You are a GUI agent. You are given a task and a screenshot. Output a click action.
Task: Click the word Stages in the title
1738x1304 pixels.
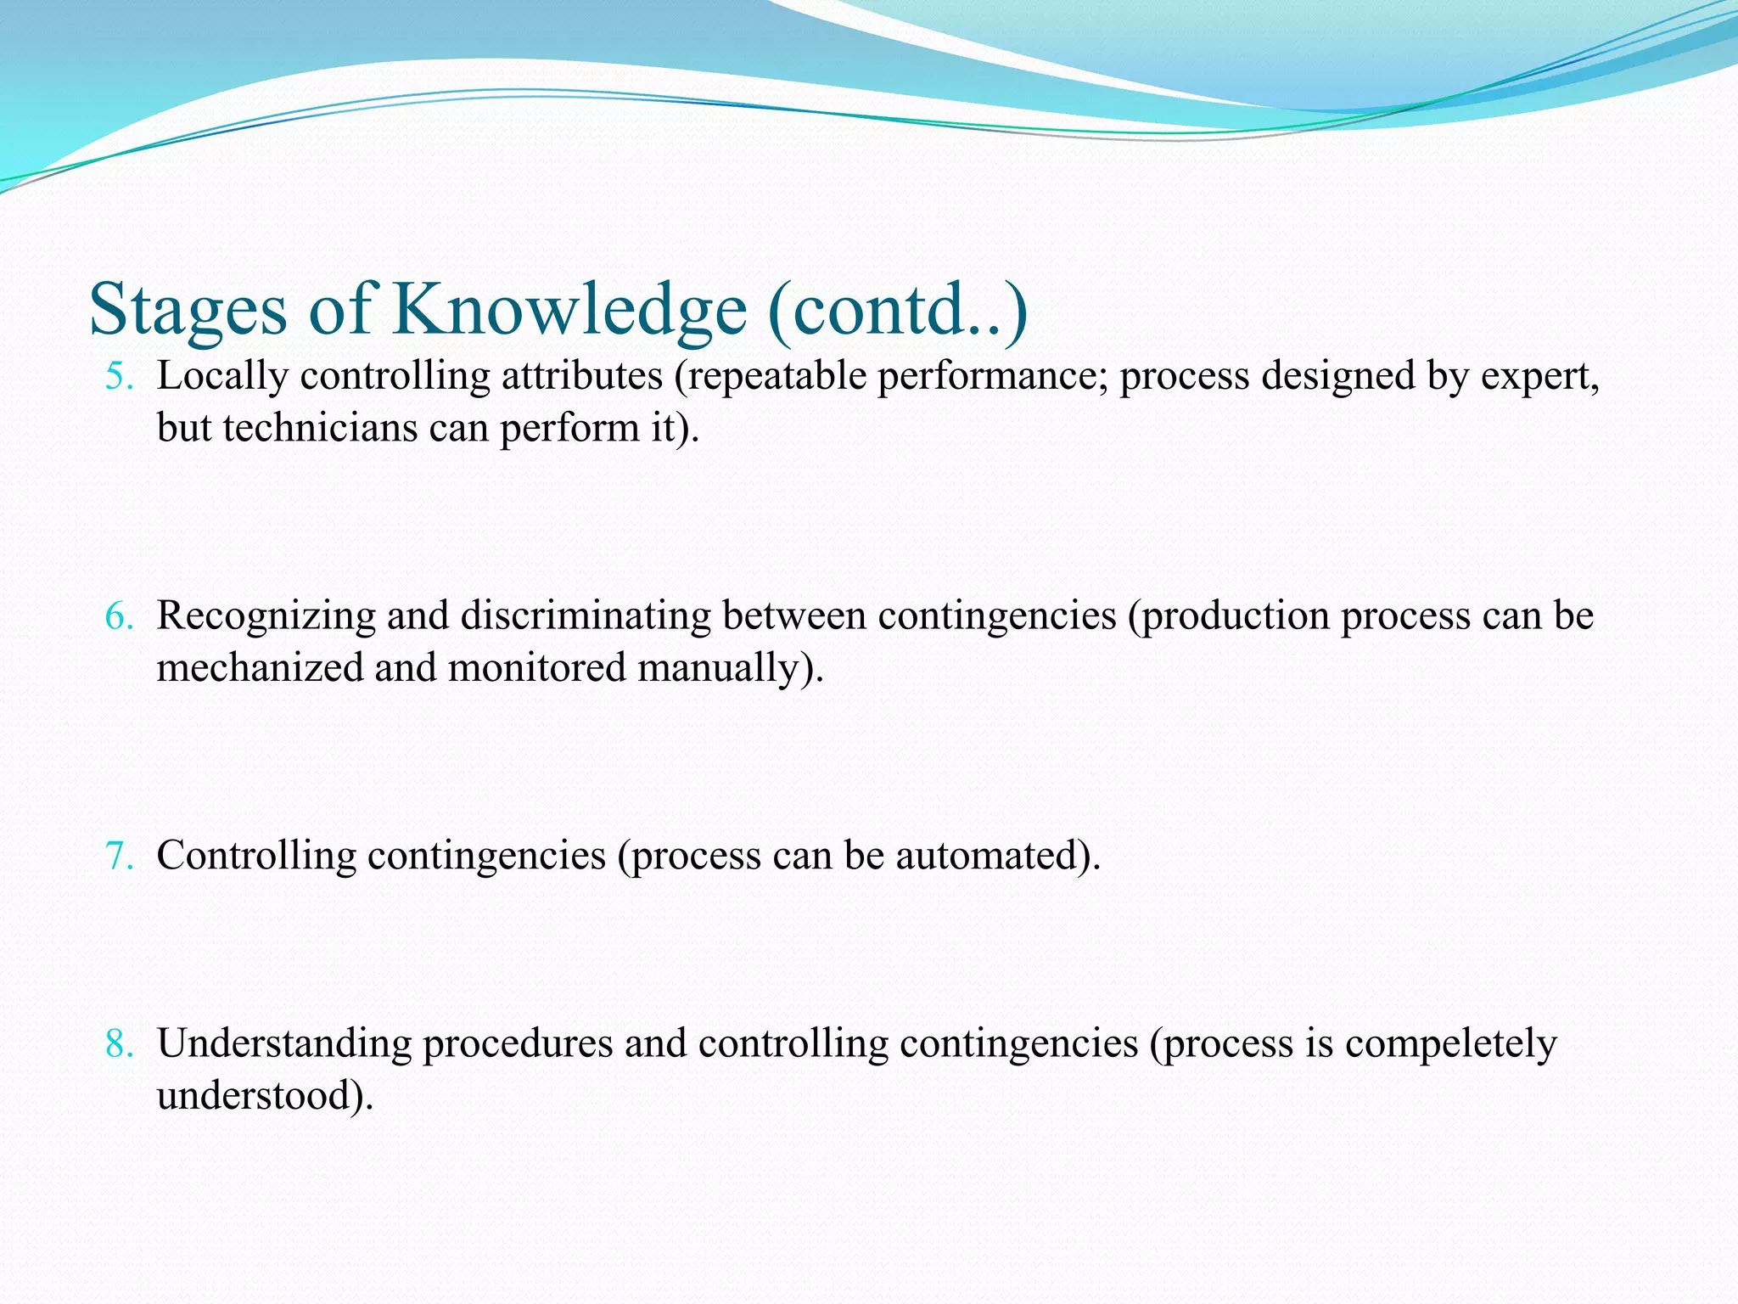pos(188,311)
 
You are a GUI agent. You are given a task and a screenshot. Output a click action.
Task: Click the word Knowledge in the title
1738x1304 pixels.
pos(569,311)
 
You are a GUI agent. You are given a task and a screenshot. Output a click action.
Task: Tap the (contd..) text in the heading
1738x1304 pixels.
pos(898,311)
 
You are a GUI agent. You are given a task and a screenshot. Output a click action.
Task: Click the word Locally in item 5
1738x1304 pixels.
pos(222,376)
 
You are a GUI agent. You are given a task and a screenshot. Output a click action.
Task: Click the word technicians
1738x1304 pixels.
pos(320,427)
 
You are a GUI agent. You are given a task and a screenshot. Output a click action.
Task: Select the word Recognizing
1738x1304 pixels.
pos(266,616)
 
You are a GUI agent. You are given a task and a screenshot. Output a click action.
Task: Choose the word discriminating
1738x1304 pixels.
pos(586,616)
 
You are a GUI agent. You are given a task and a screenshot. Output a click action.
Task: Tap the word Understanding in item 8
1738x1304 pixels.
pos(284,1043)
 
